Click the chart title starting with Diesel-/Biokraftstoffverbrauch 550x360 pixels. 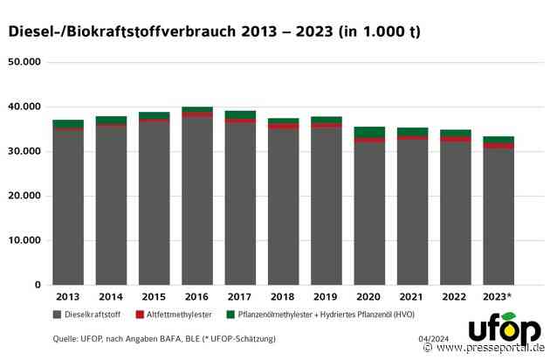(214, 31)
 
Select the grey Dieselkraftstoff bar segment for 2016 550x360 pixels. (197, 201)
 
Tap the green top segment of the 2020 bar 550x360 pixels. (369, 132)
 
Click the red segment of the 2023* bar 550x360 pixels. (498, 146)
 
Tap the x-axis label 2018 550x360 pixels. (283, 297)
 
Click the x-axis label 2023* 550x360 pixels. (498, 297)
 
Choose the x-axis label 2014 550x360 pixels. (111, 297)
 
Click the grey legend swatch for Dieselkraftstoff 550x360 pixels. (57, 313)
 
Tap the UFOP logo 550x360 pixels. (504, 331)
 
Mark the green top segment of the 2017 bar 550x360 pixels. (240, 114)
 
